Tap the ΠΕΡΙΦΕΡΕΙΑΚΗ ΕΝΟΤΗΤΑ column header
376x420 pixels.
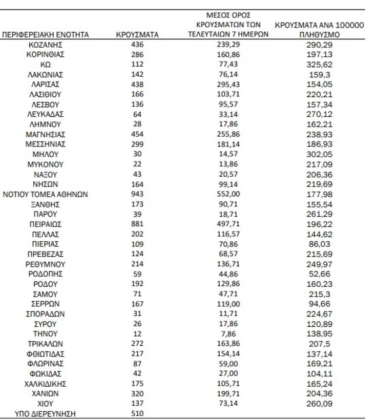[46, 35]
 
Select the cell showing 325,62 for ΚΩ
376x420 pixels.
[319, 65]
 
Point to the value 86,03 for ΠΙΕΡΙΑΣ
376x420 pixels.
[319, 244]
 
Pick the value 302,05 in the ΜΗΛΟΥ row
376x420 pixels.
[319, 154]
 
